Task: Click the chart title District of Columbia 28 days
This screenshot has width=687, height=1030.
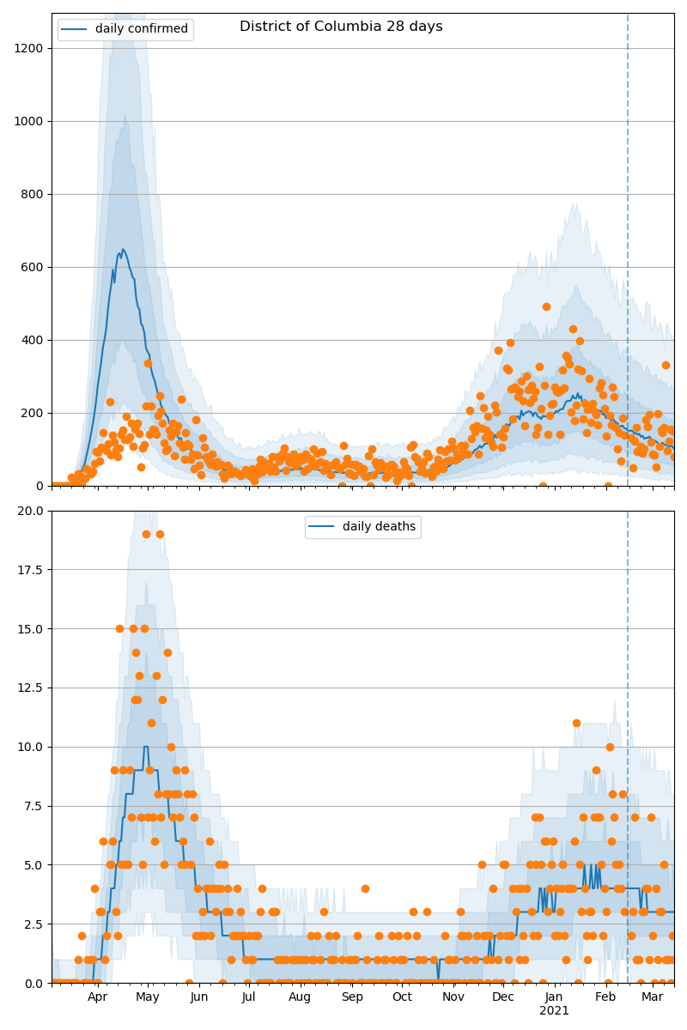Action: tap(341, 27)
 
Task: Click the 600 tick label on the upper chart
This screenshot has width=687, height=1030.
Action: tap(35, 267)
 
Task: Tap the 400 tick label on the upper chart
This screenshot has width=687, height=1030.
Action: tap(35, 340)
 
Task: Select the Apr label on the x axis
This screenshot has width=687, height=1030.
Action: tap(97, 997)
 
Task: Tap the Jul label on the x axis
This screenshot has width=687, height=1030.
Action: tap(249, 997)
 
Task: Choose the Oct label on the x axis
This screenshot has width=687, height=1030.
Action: tap(402, 997)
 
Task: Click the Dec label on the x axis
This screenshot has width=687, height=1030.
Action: tap(503, 997)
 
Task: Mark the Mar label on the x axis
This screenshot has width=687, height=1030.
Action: tap(653, 997)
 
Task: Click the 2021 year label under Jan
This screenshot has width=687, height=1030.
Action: tap(554, 1011)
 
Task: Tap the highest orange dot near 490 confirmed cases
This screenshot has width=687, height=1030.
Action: tap(546, 306)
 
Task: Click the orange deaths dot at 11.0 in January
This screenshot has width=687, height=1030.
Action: tap(576, 723)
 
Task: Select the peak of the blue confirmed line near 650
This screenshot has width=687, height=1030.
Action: tap(123, 250)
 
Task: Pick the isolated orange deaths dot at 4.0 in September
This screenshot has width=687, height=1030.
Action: tap(365, 888)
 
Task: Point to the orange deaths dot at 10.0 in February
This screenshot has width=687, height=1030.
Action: tap(610, 747)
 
